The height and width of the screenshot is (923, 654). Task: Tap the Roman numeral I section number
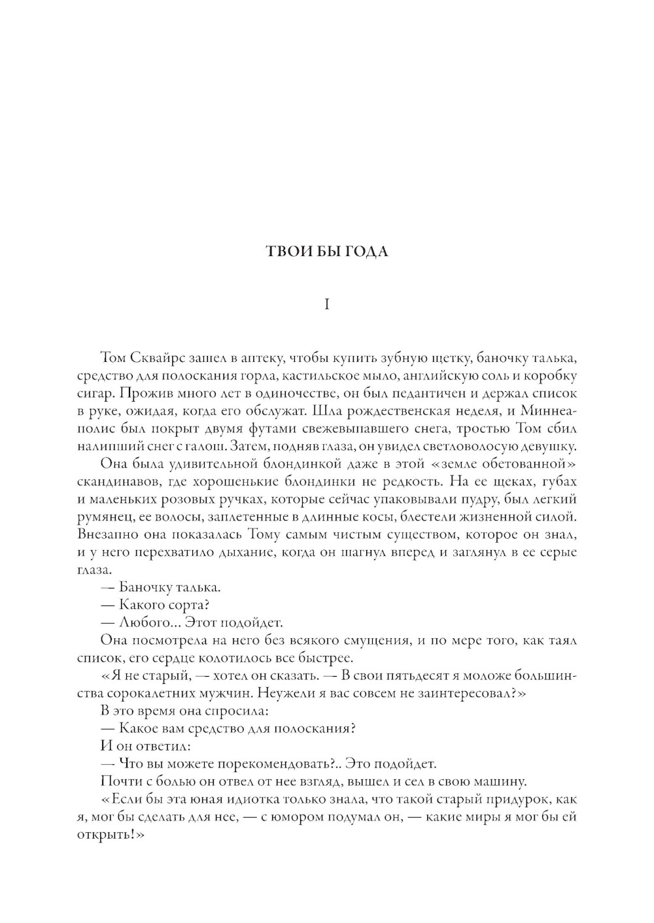coord(327,304)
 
